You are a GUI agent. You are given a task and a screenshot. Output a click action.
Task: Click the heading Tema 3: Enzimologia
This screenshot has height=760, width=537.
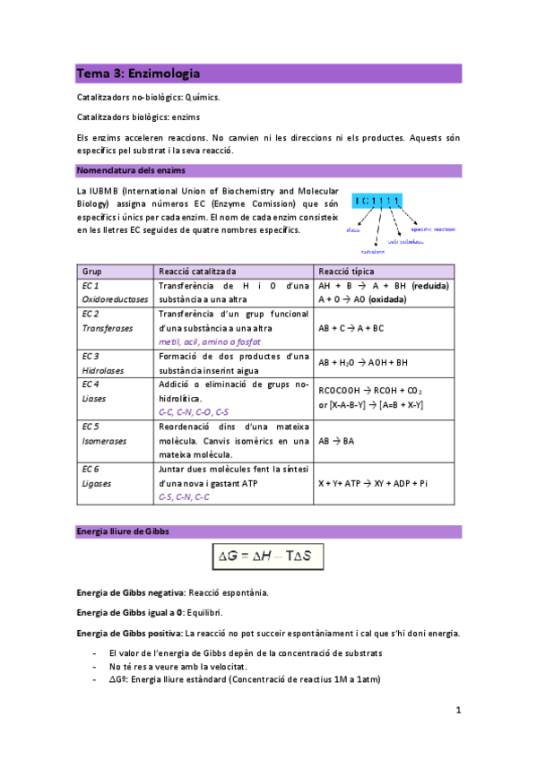(138, 73)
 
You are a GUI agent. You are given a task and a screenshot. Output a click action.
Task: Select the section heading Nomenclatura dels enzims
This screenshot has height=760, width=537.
(129, 170)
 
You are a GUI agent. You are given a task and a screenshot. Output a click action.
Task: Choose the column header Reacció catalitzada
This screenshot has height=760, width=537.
(197, 271)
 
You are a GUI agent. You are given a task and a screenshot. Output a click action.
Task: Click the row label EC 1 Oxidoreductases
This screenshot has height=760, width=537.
(103, 292)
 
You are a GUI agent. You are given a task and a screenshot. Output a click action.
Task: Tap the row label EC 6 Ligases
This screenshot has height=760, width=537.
(96, 475)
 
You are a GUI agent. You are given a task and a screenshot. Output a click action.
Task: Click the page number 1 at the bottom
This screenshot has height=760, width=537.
(457, 711)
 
